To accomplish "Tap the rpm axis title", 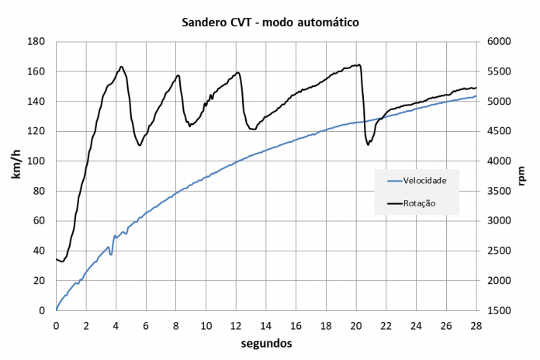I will (522, 175).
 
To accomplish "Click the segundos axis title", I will (266, 341).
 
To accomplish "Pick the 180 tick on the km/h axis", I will (36, 42).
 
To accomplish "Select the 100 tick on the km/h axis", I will (36, 161).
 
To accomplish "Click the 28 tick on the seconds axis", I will (476, 326).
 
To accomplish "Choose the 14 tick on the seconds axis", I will (266, 326).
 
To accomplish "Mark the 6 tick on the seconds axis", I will (146, 326).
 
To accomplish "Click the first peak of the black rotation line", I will (122, 67).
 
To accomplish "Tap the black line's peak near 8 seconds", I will (178, 75).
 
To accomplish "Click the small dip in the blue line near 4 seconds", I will (112, 253).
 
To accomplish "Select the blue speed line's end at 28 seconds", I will (476, 96).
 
